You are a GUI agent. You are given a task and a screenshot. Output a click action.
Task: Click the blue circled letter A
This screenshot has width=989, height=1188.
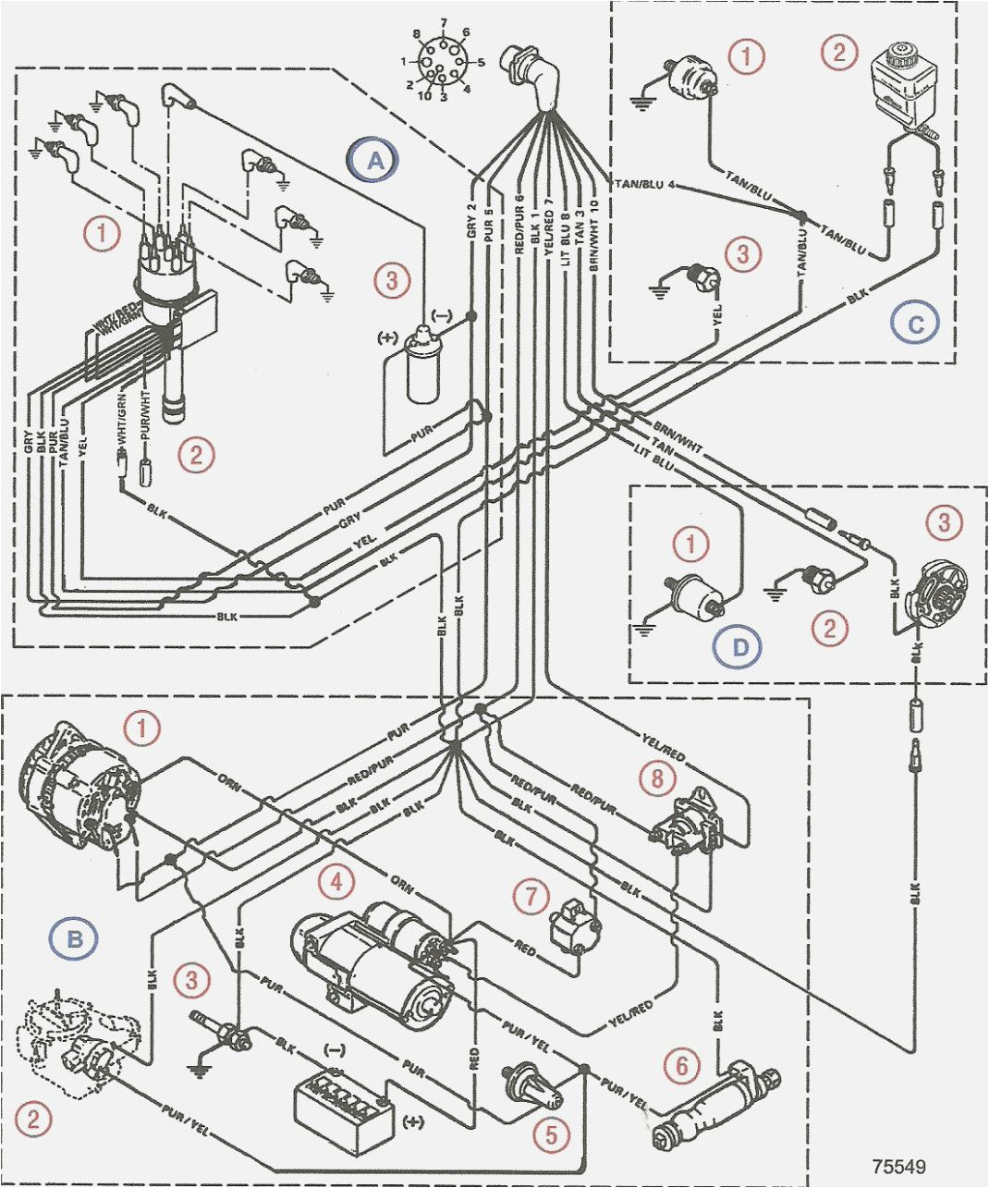coord(374,161)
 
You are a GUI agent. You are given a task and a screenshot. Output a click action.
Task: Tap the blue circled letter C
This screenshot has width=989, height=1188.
coord(915,323)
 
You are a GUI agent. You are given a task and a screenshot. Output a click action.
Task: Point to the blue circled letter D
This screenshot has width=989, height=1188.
coord(740,646)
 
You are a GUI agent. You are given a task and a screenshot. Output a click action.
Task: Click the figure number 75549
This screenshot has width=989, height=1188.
coord(897,1167)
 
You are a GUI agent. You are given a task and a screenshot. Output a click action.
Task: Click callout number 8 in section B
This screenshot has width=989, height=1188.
coord(657,778)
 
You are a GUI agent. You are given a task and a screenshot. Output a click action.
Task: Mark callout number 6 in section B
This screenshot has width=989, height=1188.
coord(681,1066)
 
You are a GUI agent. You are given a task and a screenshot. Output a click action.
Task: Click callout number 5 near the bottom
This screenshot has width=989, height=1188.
coord(551,1135)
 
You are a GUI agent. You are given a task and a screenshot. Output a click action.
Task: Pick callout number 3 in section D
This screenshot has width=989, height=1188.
coord(944,523)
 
